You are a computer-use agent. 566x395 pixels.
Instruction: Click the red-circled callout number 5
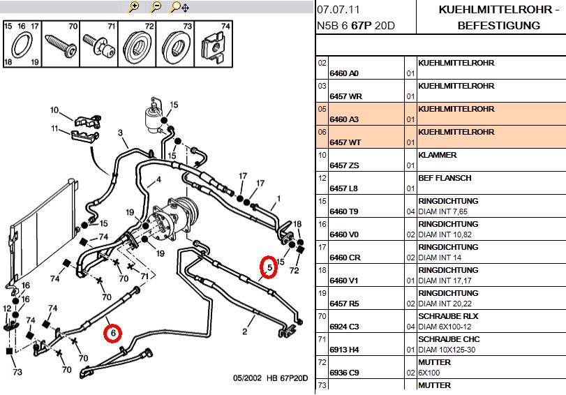point(268,267)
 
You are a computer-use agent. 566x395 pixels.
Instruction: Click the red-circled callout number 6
point(112,334)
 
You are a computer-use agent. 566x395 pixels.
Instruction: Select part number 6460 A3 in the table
point(343,119)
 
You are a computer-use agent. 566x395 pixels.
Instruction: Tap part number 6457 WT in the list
point(344,142)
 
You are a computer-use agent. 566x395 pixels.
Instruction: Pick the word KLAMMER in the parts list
point(438,155)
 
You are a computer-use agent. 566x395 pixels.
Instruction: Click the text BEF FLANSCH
point(445,178)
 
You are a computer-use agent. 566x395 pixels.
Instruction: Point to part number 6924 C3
point(343,327)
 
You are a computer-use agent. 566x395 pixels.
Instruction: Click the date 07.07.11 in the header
point(338,10)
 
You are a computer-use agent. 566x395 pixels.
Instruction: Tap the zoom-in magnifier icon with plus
point(135,8)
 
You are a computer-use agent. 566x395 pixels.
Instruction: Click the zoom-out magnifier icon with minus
point(156,8)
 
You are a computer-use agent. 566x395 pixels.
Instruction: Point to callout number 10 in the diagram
point(54,110)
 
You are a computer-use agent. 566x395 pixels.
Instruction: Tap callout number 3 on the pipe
point(120,133)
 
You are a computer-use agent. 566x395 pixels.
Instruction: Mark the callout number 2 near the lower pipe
point(245,331)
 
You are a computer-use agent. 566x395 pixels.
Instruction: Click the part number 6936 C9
point(343,373)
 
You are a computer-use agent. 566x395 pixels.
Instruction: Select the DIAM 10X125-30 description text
point(450,350)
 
